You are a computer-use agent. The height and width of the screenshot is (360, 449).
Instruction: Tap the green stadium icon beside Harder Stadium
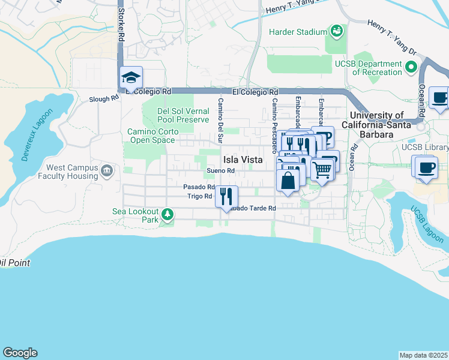[336, 31]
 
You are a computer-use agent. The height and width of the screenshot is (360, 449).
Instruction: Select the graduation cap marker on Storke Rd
[131, 78]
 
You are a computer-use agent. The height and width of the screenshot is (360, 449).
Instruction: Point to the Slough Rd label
[104, 99]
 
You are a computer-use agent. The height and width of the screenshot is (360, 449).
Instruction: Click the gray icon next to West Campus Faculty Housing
[106, 171]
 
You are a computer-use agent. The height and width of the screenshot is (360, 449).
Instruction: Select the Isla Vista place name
[243, 160]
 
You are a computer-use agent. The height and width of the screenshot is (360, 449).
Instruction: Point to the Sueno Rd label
[220, 170]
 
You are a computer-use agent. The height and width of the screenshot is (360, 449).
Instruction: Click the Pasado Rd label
[199, 187]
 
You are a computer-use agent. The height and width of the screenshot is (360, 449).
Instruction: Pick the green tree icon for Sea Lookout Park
[169, 214]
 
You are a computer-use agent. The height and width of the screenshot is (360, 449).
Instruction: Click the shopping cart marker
[322, 170]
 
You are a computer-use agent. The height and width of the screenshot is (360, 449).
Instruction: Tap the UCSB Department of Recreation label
[377, 68]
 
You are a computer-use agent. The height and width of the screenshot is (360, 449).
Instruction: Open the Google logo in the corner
[20, 353]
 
